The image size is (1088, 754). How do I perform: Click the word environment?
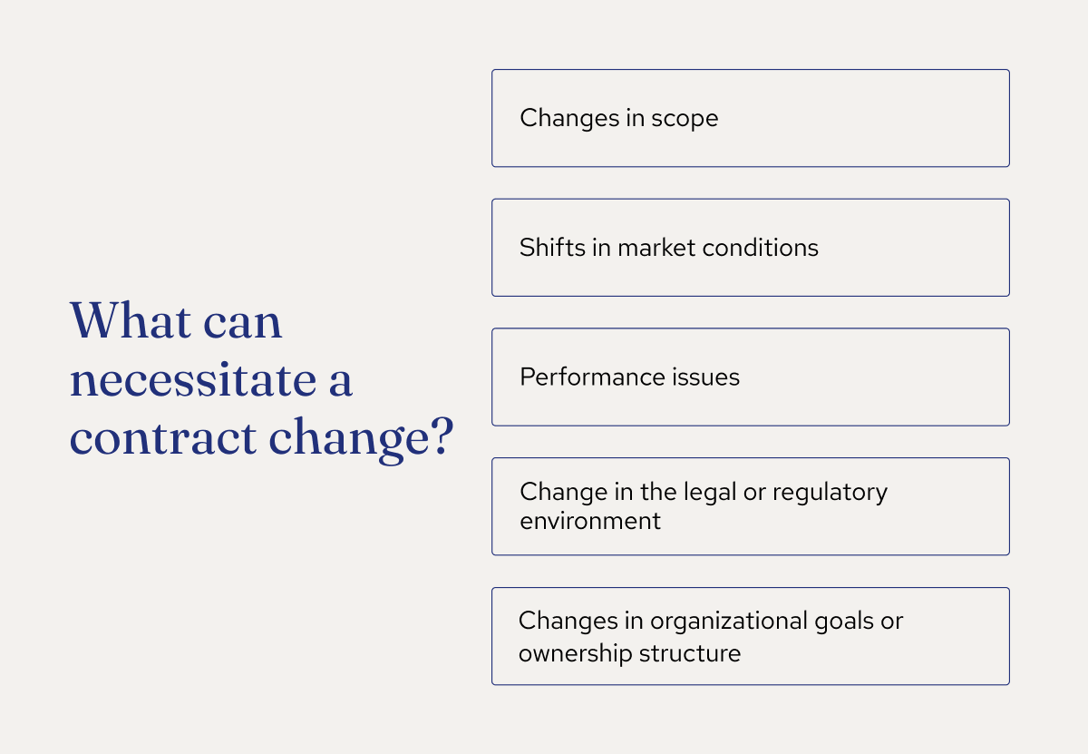point(590,522)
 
